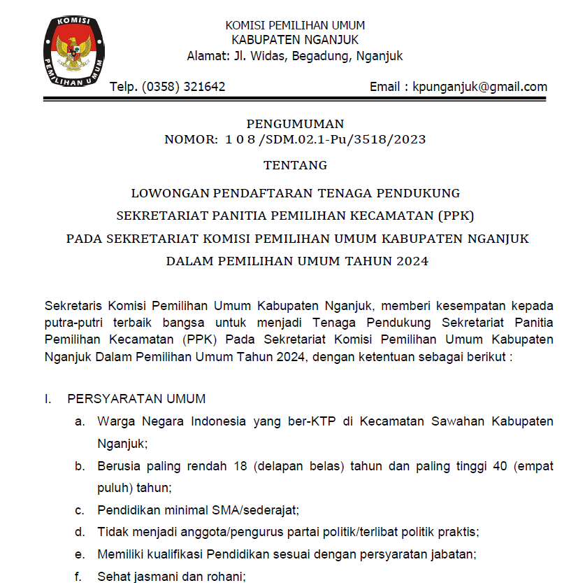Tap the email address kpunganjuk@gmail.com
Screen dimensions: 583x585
coord(479,87)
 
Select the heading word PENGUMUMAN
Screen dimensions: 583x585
coord(295,125)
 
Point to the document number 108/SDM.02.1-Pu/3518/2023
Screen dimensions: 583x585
coord(325,139)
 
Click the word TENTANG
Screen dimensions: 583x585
coord(295,166)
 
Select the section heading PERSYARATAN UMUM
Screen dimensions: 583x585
coord(136,399)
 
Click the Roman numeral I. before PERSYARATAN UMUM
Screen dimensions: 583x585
coord(48,399)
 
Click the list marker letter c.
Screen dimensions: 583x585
coord(81,510)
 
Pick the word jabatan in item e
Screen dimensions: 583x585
coord(453,555)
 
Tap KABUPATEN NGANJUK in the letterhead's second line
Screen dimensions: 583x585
coord(295,40)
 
